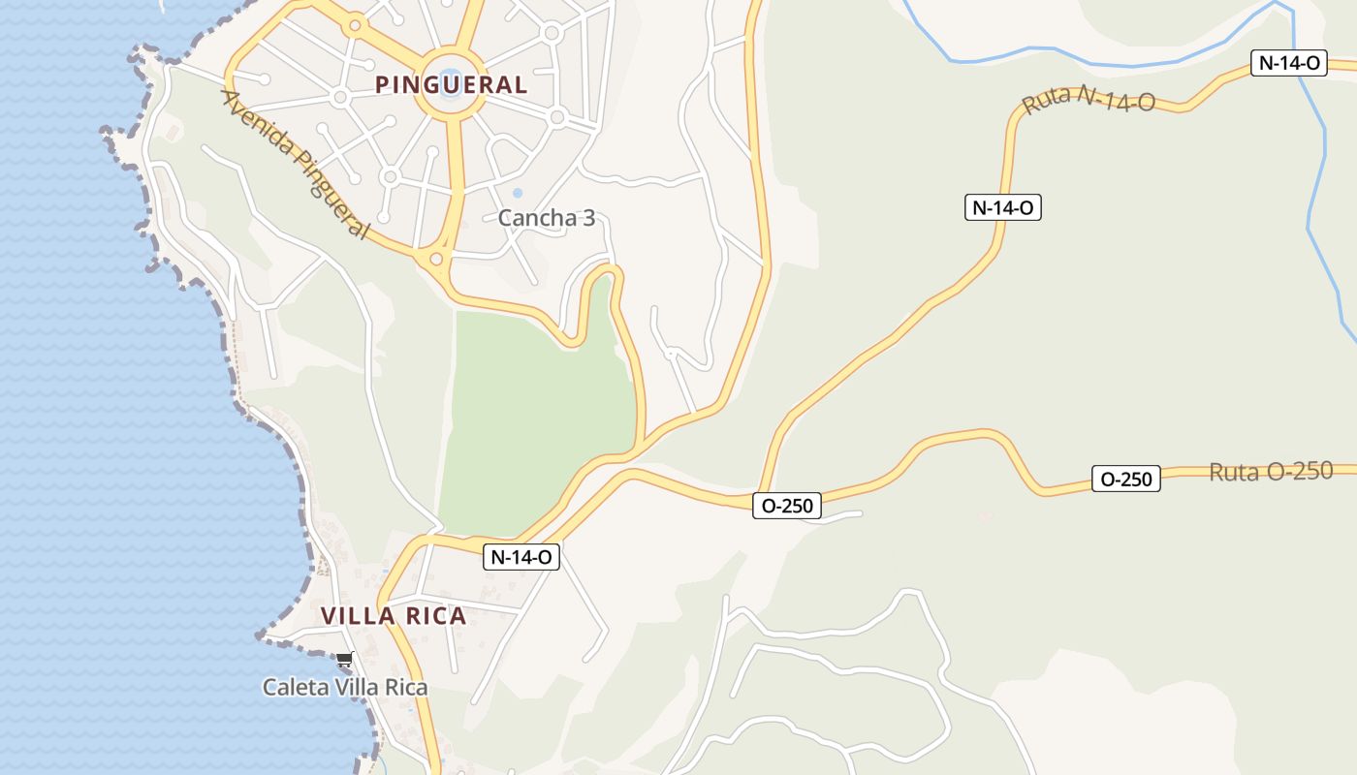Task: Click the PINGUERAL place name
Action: pos(451,85)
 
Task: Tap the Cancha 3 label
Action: pos(546,218)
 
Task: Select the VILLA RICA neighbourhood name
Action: pos(394,616)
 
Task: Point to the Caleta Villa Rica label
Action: pos(345,688)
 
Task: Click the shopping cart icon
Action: pos(344,661)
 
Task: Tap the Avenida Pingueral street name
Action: pos(296,164)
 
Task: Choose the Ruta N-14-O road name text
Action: pos(1089,99)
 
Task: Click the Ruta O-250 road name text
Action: pos(1271,472)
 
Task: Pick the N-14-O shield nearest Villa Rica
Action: pos(521,557)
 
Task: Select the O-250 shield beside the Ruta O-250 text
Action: pos(1125,479)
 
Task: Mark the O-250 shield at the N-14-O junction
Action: pos(786,505)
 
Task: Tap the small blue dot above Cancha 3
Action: pos(517,194)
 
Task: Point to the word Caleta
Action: pos(291,688)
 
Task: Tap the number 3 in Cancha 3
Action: pos(587,218)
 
